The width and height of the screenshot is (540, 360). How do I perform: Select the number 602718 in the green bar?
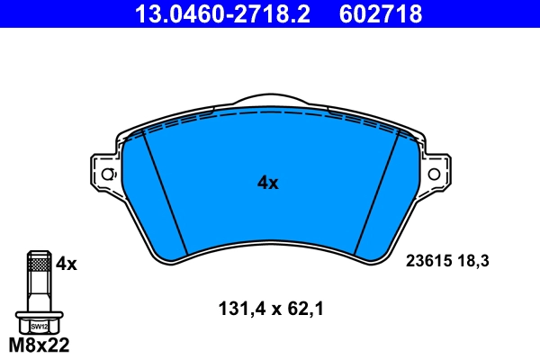point(380,13)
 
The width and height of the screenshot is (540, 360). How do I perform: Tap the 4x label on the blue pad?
point(268,183)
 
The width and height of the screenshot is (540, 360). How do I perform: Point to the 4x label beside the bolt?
point(67,264)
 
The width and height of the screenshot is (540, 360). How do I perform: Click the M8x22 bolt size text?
point(37,345)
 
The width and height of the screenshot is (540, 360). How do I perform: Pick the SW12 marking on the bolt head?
point(37,327)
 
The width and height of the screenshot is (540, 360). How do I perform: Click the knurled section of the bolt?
point(37,263)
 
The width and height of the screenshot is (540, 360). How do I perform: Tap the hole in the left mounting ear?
point(107,174)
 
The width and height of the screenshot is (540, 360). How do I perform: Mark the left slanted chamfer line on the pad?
point(166,193)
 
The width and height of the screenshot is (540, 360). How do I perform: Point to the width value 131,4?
point(238,309)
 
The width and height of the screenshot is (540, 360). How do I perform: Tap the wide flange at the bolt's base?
point(37,317)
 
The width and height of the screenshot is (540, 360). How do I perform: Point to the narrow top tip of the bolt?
point(37,251)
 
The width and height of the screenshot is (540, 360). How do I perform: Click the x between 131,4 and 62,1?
point(270,309)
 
